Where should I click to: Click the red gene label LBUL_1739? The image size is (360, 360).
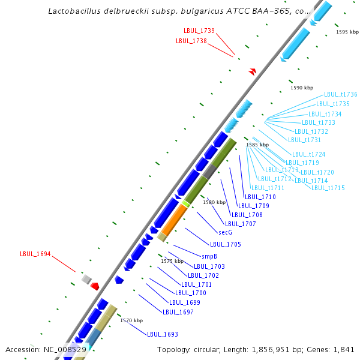[199, 31]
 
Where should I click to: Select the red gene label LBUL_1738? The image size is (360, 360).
[191, 41]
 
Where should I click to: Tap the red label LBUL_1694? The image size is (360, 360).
[35, 254]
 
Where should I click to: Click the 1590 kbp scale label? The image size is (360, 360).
[302, 88]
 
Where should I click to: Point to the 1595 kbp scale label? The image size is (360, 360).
[347, 32]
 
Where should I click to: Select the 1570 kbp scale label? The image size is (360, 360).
[131, 321]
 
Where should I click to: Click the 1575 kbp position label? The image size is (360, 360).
[172, 261]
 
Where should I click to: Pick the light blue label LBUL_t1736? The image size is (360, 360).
[341, 94]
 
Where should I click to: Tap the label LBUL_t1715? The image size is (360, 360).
[328, 188]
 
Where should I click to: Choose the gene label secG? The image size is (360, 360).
[225, 232]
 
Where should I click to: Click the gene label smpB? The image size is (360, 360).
[209, 256]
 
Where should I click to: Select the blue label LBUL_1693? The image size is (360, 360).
[163, 334]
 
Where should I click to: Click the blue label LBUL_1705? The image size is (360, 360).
[226, 244]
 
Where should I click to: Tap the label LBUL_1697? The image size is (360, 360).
[178, 312]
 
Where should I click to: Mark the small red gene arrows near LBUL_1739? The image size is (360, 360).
[253, 71]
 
